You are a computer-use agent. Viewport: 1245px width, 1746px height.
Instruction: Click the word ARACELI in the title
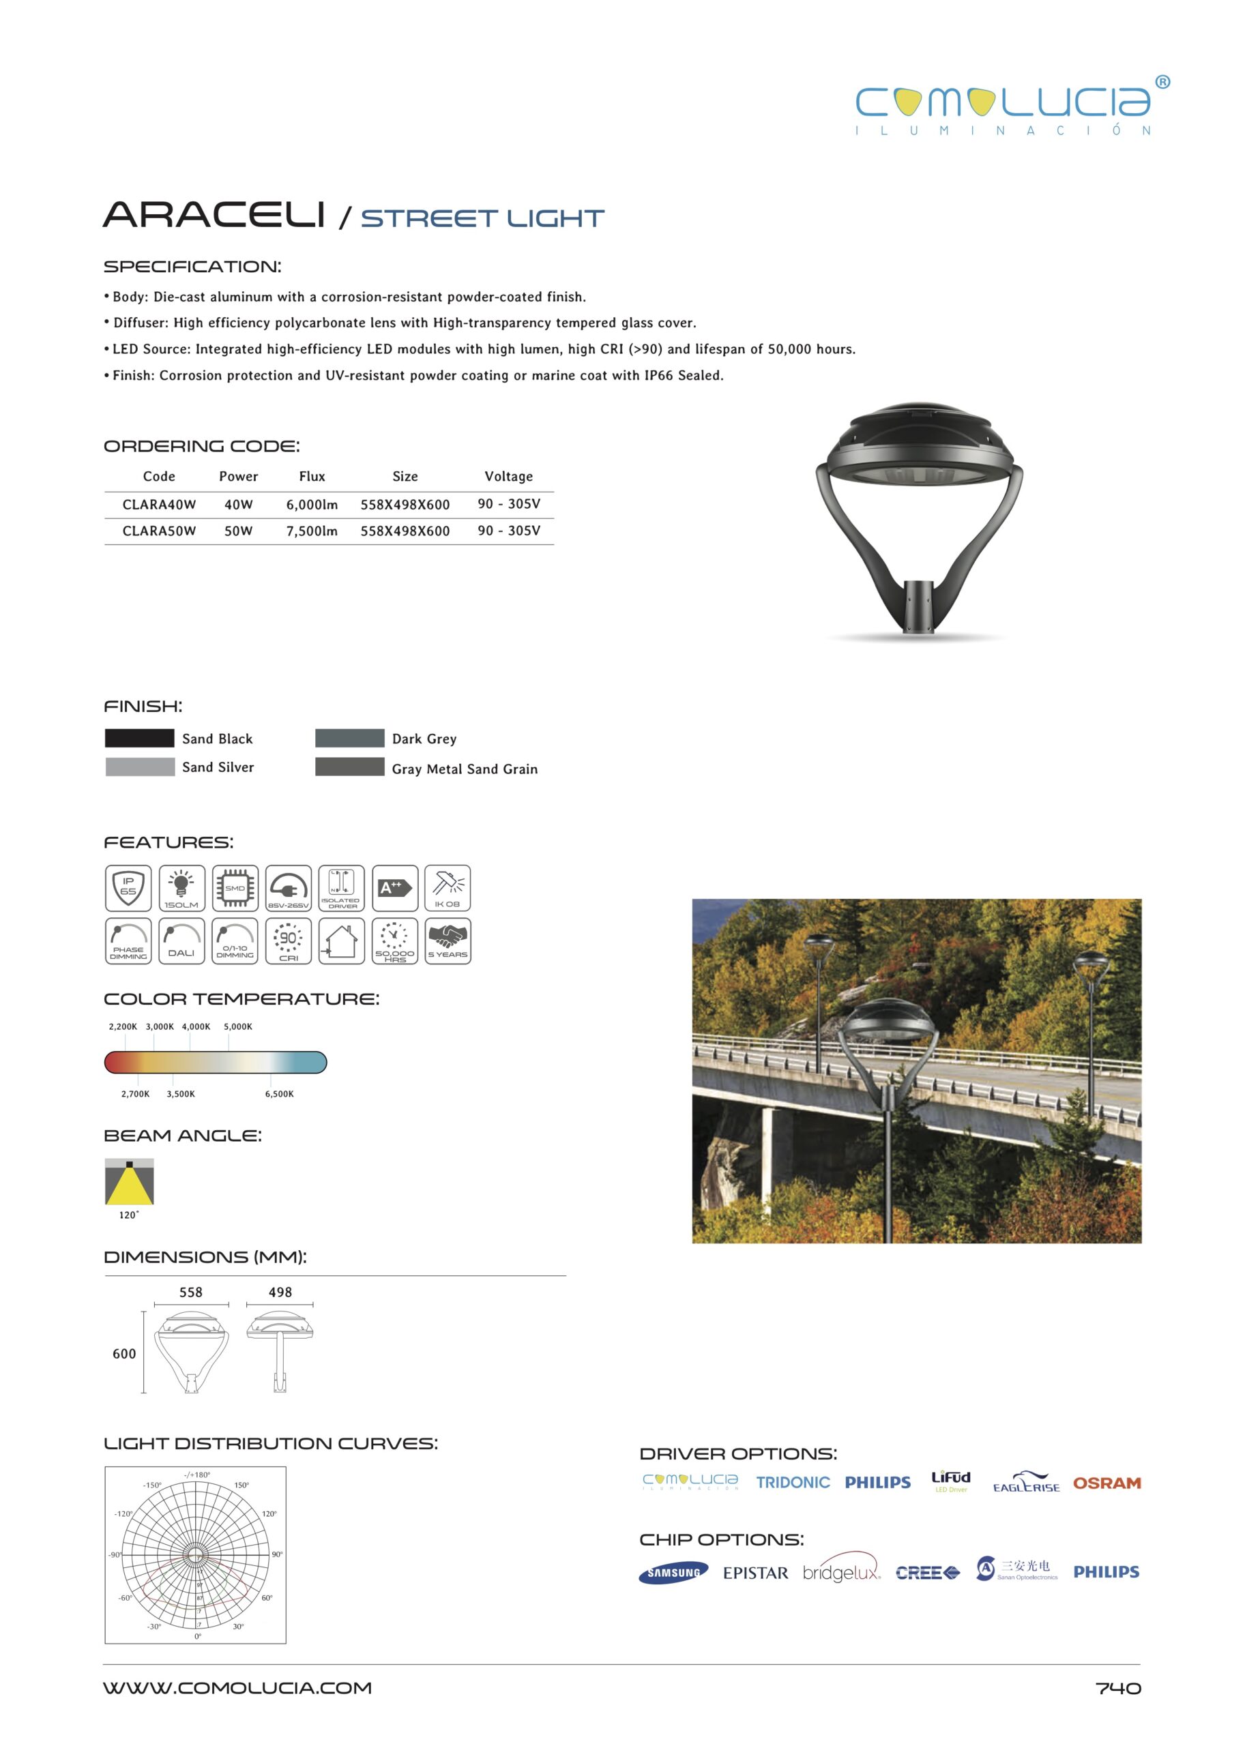pos(214,216)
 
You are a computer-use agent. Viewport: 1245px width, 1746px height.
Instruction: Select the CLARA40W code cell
pos(159,504)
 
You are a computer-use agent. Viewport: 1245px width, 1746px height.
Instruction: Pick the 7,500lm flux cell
pos(311,531)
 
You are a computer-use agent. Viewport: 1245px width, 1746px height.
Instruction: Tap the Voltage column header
pos(508,476)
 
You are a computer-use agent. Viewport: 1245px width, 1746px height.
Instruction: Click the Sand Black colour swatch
pos(140,738)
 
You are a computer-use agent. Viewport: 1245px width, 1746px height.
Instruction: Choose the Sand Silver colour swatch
pos(140,767)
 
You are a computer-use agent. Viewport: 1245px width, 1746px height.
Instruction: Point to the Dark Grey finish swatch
pos(349,738)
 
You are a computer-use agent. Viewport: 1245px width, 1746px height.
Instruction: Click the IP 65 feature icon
pos(128,887)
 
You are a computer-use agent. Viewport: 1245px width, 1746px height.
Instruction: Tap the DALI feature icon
pos(181,941)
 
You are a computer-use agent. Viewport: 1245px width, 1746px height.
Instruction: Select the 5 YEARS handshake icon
pos(448,941)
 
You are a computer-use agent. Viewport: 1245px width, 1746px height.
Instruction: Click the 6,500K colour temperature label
pos(279,1094)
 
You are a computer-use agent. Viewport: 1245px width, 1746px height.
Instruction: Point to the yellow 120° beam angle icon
pos(129,1182)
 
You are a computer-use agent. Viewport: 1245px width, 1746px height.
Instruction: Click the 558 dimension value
pos(191,1292)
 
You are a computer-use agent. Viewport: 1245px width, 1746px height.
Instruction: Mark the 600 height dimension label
pos(124,1354)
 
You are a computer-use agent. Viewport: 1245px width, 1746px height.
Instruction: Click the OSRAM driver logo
pos(1107,1483)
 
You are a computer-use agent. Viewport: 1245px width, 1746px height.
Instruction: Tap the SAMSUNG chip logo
pos(673,1573)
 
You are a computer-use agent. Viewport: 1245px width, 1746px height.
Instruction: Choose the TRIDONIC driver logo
pos(793,1482)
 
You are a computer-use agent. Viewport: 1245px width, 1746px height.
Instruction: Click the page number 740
pos(1117,1689)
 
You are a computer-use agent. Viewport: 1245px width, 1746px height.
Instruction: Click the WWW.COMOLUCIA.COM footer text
pos(237,1688)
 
